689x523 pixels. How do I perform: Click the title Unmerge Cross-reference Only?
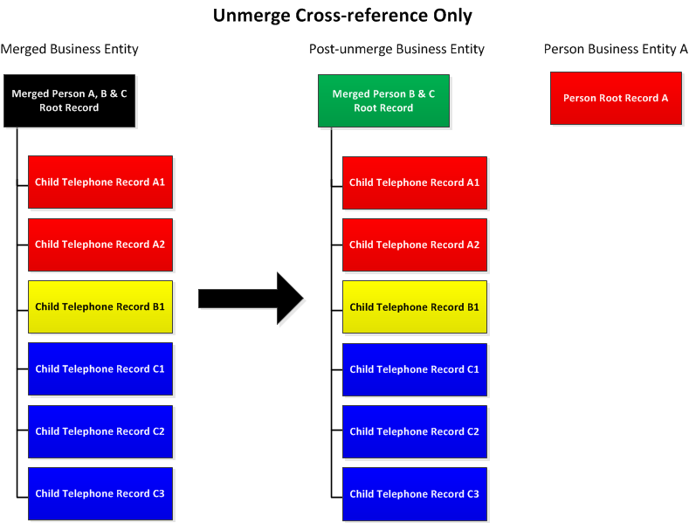tap(342, 15)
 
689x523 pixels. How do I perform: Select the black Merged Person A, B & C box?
tap(69, 100)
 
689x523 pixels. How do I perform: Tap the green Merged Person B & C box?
tap(383, 101)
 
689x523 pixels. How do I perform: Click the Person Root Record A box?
tap(616, 98)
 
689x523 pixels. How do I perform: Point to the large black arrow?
tap(251, 299)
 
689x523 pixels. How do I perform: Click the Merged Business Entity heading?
tap(69, 49)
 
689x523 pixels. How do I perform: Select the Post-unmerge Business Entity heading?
tap(396, 49)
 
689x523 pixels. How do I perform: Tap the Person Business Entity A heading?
tap(616, 49)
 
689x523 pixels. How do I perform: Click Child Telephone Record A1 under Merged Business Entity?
tap(100, 182)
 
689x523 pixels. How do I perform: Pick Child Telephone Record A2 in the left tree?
tap(100, 244)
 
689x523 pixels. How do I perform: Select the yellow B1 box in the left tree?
tap(100, 306)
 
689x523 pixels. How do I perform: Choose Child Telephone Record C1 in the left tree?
tap(100, 368)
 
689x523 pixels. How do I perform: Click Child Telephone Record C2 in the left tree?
tap(100, 431)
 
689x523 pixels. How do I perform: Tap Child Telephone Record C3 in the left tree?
tap(100, 493)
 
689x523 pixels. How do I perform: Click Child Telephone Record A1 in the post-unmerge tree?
tap(415, 182)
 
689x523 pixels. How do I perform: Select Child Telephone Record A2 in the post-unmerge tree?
tap(415, 244)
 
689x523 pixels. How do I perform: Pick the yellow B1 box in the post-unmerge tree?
tap(415, 307)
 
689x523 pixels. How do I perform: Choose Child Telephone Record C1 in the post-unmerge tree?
tap(415, 369)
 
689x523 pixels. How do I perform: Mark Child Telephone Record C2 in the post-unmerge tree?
tap(415, 431)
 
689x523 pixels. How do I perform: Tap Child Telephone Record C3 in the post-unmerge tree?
tap(415, 494)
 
